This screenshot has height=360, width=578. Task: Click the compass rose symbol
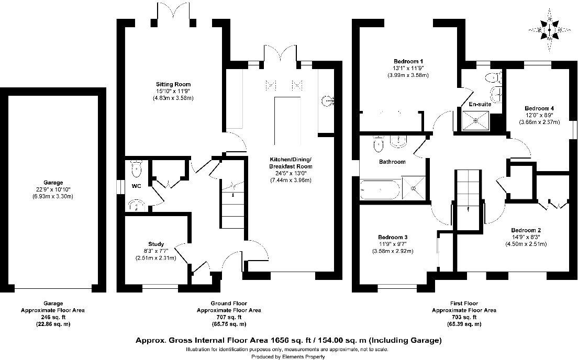click(x=550, y=30)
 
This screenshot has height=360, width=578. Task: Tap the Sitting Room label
click(x=173, y=84)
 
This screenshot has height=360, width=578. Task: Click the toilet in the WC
click(x=136, y=167)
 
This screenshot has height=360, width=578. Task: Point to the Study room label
click(x=156, y=244)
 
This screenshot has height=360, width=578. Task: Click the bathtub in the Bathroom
click(x=380, y=188)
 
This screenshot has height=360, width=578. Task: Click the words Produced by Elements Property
click(x=288, y=356)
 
